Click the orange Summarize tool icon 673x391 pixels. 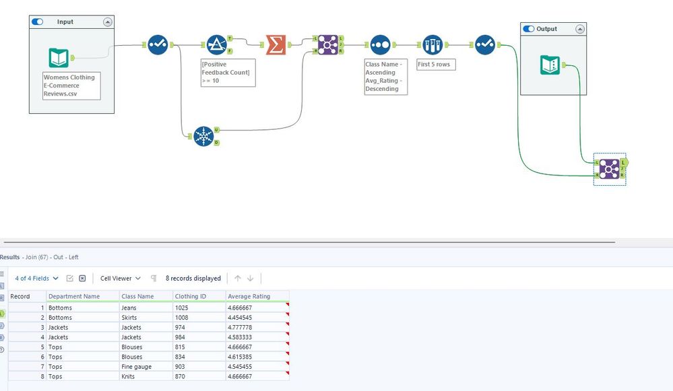pyautogui.click(x=274, y=45)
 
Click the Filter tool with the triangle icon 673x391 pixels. pyautogui.click(x=217, y=45)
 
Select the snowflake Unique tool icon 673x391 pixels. pyautogui.click(x=203, y=136)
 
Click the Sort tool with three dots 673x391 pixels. pyautogui.click(x=379, y=45)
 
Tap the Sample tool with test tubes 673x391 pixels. pyautogui.click(x=432, y=45)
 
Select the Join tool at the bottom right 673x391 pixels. pyautogui.click(x=609, y=169)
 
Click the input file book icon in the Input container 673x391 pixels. pyautogui.click(x=59, y=58)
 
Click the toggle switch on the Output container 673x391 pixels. pyautogui.click(x=529, y=29)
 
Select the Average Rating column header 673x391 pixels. pyautogui.click(x=249, y=296)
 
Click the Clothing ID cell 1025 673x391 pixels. pyautogui.click(x=182, y=308)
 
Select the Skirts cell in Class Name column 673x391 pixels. pyautogui.click(x=129, y=318)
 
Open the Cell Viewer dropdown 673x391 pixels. pyautogui.click(x=120, y=278)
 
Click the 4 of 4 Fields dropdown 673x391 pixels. pyautogui.click(x=36, y=278)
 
